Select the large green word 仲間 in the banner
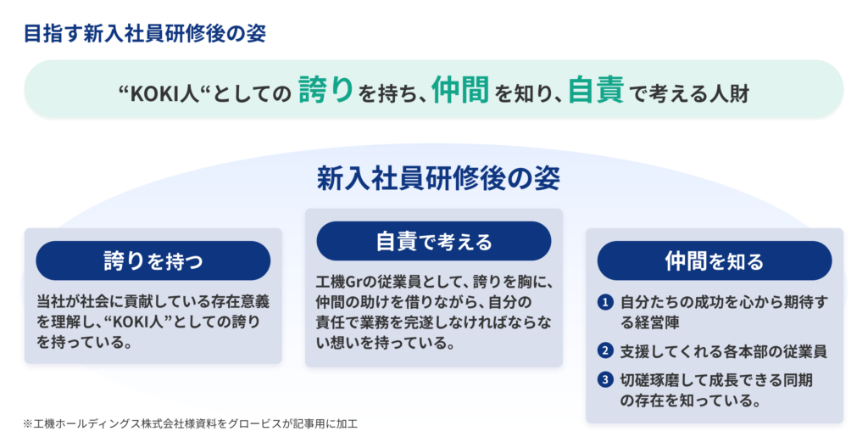[460, 89]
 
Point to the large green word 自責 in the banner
[596, 89]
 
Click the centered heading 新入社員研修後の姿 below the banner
[438, 178]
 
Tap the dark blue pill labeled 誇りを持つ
[153, 260]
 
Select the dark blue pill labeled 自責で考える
[434, 241]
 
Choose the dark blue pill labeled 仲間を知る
[714, 260]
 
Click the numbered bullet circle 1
[605, 302]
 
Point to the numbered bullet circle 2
[605, 351]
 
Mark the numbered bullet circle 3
[605, 380]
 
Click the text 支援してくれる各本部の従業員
[724, 351]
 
